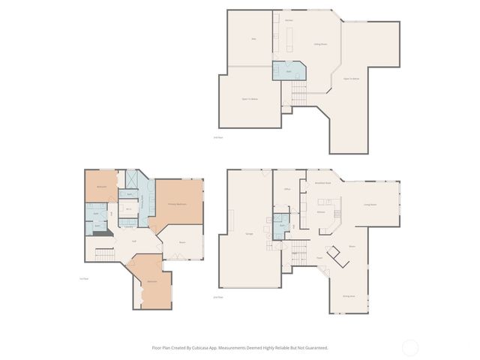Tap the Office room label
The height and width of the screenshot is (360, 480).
(286, 190)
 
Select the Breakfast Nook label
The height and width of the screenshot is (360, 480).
(323, 182)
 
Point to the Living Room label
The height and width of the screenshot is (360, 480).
(370, 204)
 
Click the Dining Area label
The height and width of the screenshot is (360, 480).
(349, 296)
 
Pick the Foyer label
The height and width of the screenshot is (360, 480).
(319, 257)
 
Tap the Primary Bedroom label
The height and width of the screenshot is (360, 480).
(177, 204)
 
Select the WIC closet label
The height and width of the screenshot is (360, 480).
(129, 209)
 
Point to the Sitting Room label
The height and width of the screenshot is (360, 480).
(320, 44)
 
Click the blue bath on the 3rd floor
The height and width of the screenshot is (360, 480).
(288, 70)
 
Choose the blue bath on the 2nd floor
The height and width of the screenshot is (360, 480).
(281, 226)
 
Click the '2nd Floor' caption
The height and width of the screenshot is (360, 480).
(218, 297)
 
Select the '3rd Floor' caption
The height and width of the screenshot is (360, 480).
(218, 136)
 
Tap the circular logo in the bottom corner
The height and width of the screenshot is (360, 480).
(410, 347)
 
